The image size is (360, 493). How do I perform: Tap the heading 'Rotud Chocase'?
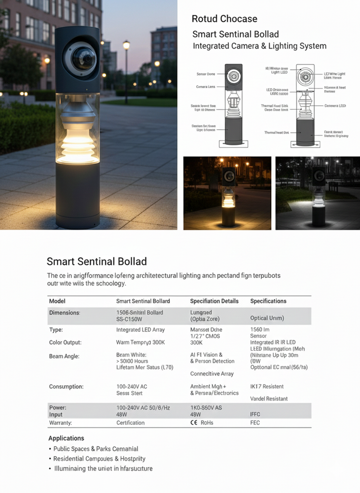[224, 19]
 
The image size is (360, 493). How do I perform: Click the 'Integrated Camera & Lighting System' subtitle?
[259, 46]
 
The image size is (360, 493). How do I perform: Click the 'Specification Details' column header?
[214, 301]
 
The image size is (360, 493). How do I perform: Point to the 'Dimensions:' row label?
[65, 313]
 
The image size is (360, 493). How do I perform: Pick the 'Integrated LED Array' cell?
[140, 330]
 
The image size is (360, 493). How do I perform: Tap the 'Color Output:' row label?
[65, 343]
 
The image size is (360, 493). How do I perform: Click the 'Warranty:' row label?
[60, 423]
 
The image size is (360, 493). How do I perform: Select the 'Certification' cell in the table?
[130, 423]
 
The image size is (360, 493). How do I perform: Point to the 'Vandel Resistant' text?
[269, 399]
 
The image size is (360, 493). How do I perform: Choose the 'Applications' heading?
[66, 438]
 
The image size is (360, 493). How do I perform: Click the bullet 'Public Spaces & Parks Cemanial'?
[96, 449]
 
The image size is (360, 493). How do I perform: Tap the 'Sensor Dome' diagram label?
[205, 74]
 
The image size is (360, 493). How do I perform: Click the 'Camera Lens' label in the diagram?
[205, 87]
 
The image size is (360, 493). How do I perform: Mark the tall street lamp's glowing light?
[126, 45]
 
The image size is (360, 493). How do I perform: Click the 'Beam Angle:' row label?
[64, 356]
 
